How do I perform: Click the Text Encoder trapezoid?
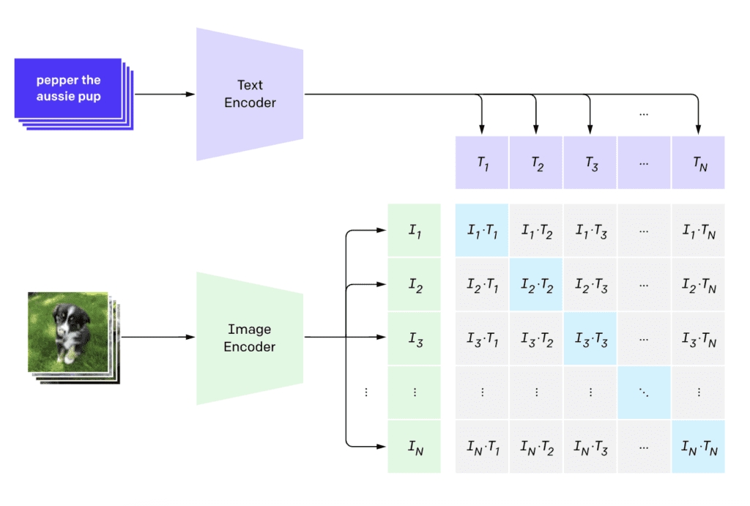tap(250, 94)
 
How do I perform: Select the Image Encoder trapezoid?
tap(250, 338)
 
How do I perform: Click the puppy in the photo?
tap(70, 330)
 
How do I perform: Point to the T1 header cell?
tap(482, 163)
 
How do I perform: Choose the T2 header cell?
tap(536, 163)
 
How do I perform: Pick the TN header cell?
tap(698, 163)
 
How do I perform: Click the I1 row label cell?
tap(414, 231)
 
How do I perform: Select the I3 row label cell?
tap(414, 338)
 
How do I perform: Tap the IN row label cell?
tap(414, 446)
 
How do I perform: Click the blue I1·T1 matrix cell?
tap(482, 231)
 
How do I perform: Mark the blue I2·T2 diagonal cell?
tap(536, 285)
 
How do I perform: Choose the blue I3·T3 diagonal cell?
tap(590, 338)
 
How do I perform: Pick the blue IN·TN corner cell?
tap(698, 446)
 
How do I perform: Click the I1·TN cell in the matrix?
tap(698, 231)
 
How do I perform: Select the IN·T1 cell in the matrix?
tap(482, 446)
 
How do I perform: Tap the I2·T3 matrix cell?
tap(590, 285)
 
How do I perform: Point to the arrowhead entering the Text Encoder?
tap(192, 94)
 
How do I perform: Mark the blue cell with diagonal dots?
tap(644, 392)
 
